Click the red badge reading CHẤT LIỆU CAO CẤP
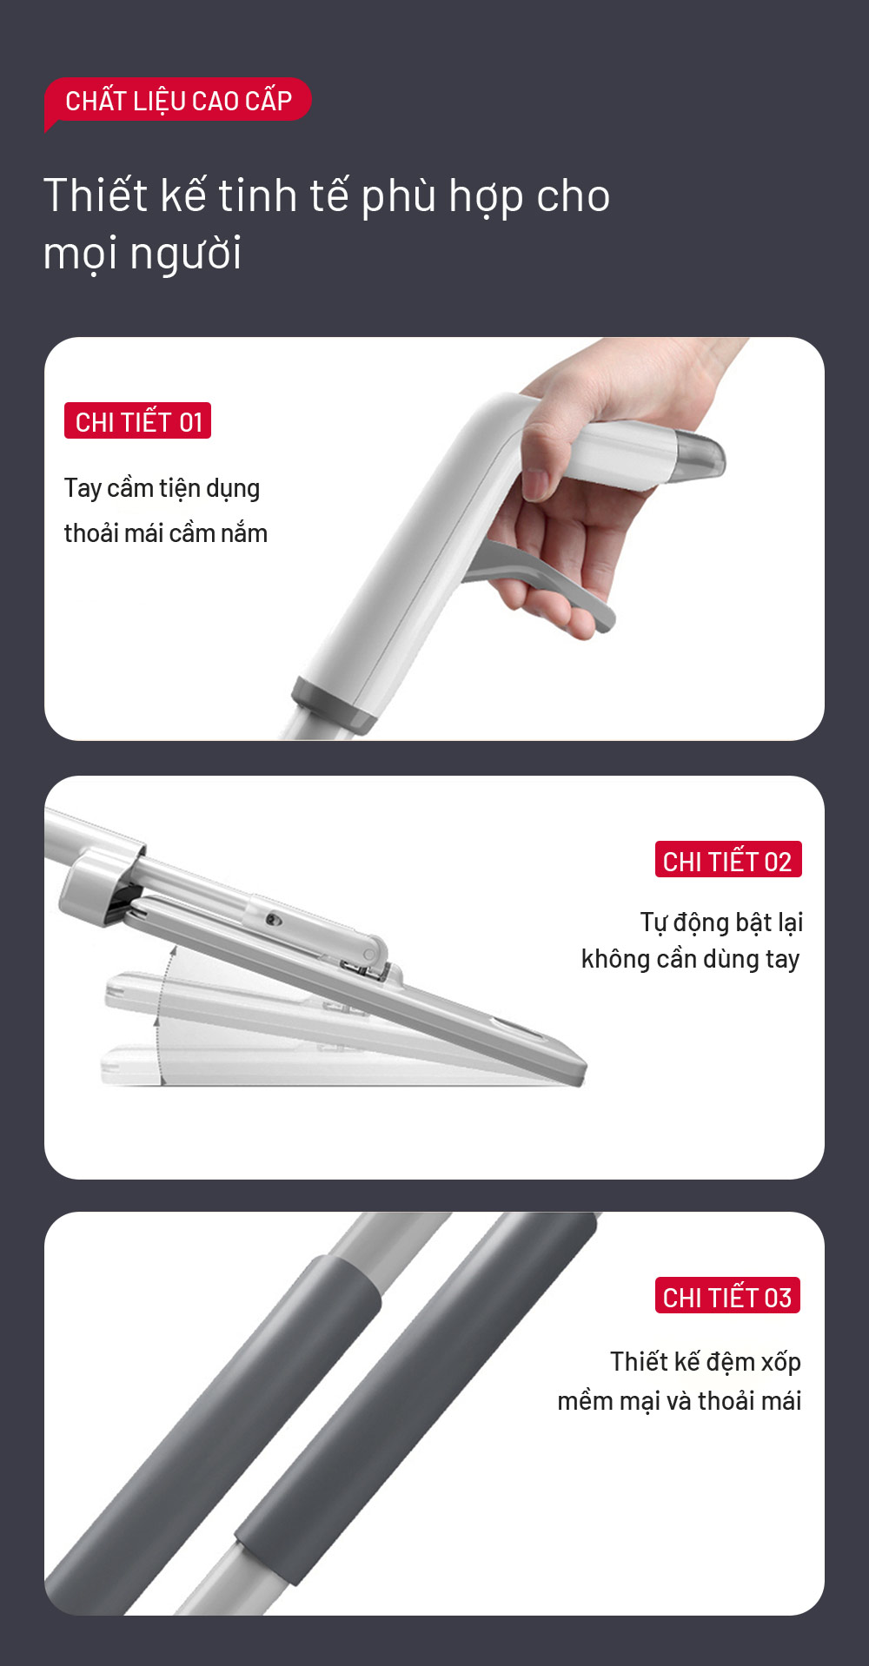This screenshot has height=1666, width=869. tap(178, 101)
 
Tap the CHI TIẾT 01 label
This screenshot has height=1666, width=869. tap(137, 421)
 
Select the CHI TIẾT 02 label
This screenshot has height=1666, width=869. tap(728, 860)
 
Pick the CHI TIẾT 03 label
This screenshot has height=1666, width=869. tap(728, 1296)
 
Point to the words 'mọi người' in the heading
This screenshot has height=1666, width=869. tap(143, 254)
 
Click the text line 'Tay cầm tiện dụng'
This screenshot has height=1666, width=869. tap(163, 488)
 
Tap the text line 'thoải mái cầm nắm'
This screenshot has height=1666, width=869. tap(166, 532)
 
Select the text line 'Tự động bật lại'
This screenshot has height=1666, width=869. tap(721, 922)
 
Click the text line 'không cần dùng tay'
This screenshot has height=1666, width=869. tap(691, 959)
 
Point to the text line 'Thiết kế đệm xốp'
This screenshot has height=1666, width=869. tap(706, 1362)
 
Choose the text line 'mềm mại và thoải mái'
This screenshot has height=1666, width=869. tap(680, 1401)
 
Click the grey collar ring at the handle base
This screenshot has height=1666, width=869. tap(335, 704)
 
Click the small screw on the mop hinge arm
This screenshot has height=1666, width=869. tap(273, 919)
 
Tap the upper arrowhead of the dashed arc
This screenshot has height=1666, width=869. tap(173, 951)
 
